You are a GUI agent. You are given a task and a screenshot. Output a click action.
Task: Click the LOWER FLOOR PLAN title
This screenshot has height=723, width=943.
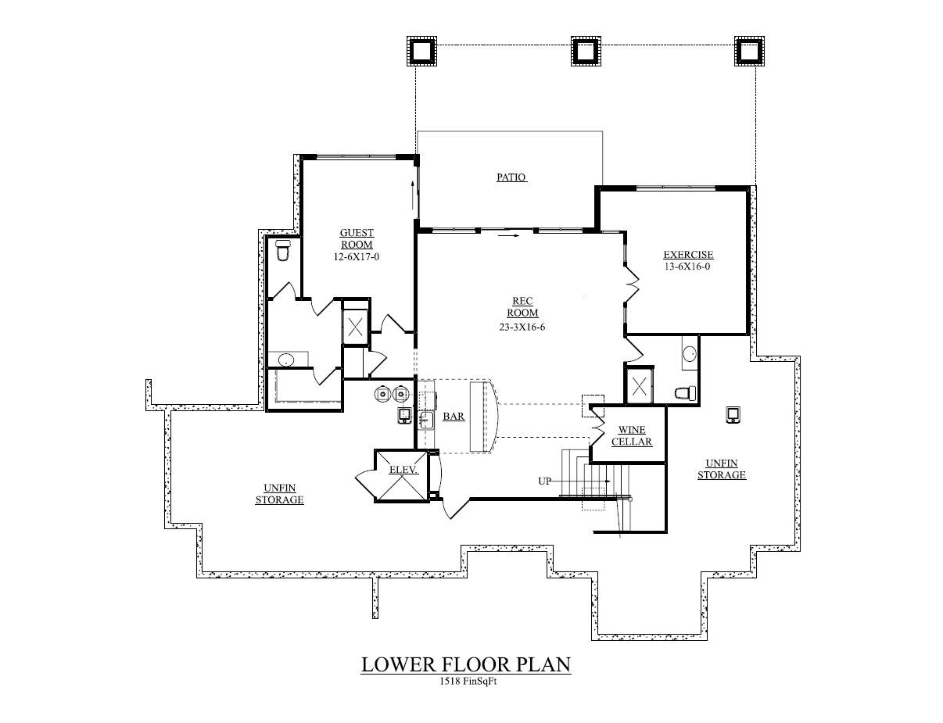pyautogui.click(x=465, y=664)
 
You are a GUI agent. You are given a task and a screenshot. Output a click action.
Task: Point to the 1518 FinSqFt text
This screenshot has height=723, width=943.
pyautogui.click(x=468, y=682)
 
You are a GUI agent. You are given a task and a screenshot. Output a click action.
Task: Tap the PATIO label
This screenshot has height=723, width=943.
pyautogui.click(x=511, y=177)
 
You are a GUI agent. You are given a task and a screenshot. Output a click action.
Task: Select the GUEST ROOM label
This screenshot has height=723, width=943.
pyautogui.click(x=357, y=238)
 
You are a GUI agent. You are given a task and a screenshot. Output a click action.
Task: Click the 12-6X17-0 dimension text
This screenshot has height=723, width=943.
pyautogui.click(x=357, y=256)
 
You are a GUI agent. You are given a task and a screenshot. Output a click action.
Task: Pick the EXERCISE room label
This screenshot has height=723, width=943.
pyautogui.click(x=688, y=255)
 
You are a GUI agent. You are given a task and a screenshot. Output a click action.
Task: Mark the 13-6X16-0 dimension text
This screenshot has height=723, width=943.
pyautogui.click(x=688, y=267)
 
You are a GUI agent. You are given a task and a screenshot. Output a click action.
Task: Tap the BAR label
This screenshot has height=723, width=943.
pyautogui.click(x=454, y=417)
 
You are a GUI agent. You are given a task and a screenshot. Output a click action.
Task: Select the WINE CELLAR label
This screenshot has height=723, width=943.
pyautogui.click(x=632, y=435)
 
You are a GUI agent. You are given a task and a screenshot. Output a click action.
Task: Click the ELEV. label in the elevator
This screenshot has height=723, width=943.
pyautogui.click(x=403, y=470)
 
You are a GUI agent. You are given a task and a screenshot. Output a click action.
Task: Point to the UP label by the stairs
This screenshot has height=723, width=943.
pyautogui.click(x=544, y=481)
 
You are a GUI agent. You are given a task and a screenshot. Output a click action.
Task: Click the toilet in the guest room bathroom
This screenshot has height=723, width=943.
pyautogui.click(x=283, y=252)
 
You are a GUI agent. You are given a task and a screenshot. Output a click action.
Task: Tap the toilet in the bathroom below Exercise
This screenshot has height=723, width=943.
pyautogui.click(x=684, y=393)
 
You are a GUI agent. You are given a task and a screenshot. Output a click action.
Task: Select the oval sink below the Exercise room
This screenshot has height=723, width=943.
pyautogui.click(x=689, y=354)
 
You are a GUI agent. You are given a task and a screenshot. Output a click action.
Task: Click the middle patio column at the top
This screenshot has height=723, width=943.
pyautogui.click(x=584, y=52)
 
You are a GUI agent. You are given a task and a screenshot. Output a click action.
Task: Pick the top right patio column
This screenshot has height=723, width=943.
pyautogui.click(x=748, y=52)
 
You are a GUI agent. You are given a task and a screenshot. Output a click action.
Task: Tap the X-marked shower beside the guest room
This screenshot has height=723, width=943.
pyautogui.click(x=355, y=326)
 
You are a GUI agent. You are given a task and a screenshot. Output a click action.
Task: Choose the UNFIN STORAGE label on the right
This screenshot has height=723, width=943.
pyautogui.click(x=721, y=469)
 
